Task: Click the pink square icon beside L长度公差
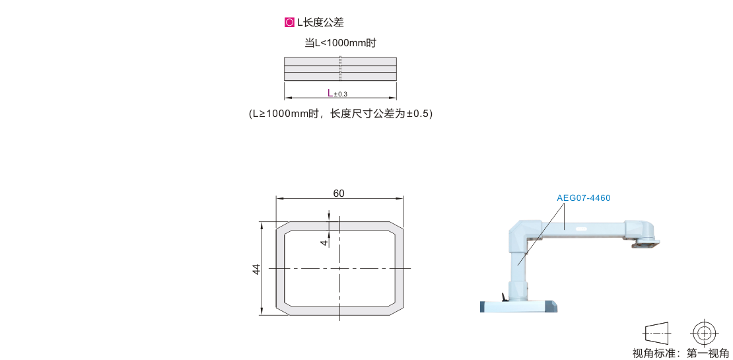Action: tap(289, 22)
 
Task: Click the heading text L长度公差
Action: tap(320, 22)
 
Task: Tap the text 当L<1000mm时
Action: tap(340, 43)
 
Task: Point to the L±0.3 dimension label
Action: tap(337, 93)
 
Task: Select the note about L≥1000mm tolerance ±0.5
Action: tap(341, 114)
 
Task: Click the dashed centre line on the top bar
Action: tap(340, 69)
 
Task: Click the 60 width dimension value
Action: tap(339, 194)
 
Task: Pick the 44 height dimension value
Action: tap(257, 269)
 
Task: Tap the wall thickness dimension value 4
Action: tap(324, 242)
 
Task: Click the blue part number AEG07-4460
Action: tap(583, 198)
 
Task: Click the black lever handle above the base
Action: tap(503, 297)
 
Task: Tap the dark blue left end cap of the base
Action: tap(482, 306)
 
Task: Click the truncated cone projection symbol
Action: tap(657, 334)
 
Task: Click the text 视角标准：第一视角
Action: tap(680, 353)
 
